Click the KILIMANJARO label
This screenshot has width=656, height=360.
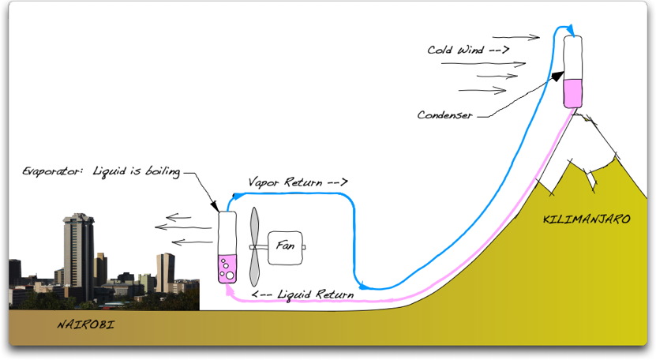pos(587,219)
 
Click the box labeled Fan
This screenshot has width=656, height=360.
pos(284,247)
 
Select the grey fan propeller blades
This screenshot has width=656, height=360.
pos(254,246)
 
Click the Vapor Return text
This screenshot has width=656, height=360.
pos(298,182)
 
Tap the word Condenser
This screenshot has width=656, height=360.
pos(444,115)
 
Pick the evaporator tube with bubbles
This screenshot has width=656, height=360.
pos(227,247)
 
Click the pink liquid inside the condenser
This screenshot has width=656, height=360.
pos(573,92)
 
